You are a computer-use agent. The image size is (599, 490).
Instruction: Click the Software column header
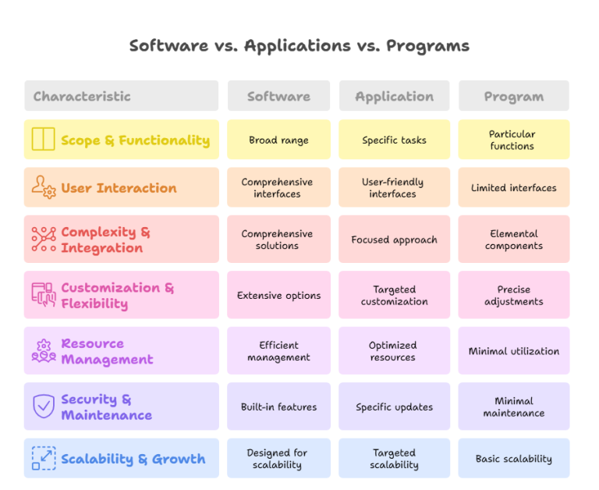pos(278,97)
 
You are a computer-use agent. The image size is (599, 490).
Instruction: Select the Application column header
pos(394,97)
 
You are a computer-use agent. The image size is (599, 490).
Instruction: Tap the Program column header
pos(513,97)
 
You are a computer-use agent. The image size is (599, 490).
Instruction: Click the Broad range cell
pos(278,140)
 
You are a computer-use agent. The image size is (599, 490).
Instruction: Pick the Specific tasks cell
pos(394,140)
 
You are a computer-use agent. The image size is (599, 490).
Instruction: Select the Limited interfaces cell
pos(513,188)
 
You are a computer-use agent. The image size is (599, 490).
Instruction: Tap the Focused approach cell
pos(394,240)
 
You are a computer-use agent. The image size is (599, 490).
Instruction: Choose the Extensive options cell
pos(278,296)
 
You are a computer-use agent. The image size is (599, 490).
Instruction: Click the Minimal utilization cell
pos(513,351)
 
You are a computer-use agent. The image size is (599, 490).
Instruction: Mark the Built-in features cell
pos(278,407)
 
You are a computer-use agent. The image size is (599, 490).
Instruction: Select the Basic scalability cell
pos(513,459)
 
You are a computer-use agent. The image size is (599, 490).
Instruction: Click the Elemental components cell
pos(513,240)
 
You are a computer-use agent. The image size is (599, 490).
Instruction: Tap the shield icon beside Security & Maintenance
pos(43,407)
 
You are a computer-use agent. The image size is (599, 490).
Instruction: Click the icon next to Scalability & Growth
pos(43,458)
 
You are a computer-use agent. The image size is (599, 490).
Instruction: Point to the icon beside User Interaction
pos(43,187)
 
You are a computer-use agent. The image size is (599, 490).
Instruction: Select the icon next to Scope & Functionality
pos(43,140)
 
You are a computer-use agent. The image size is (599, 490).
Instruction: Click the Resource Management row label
pos(107,351)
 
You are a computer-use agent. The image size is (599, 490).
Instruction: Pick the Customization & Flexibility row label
pos(117,296)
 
